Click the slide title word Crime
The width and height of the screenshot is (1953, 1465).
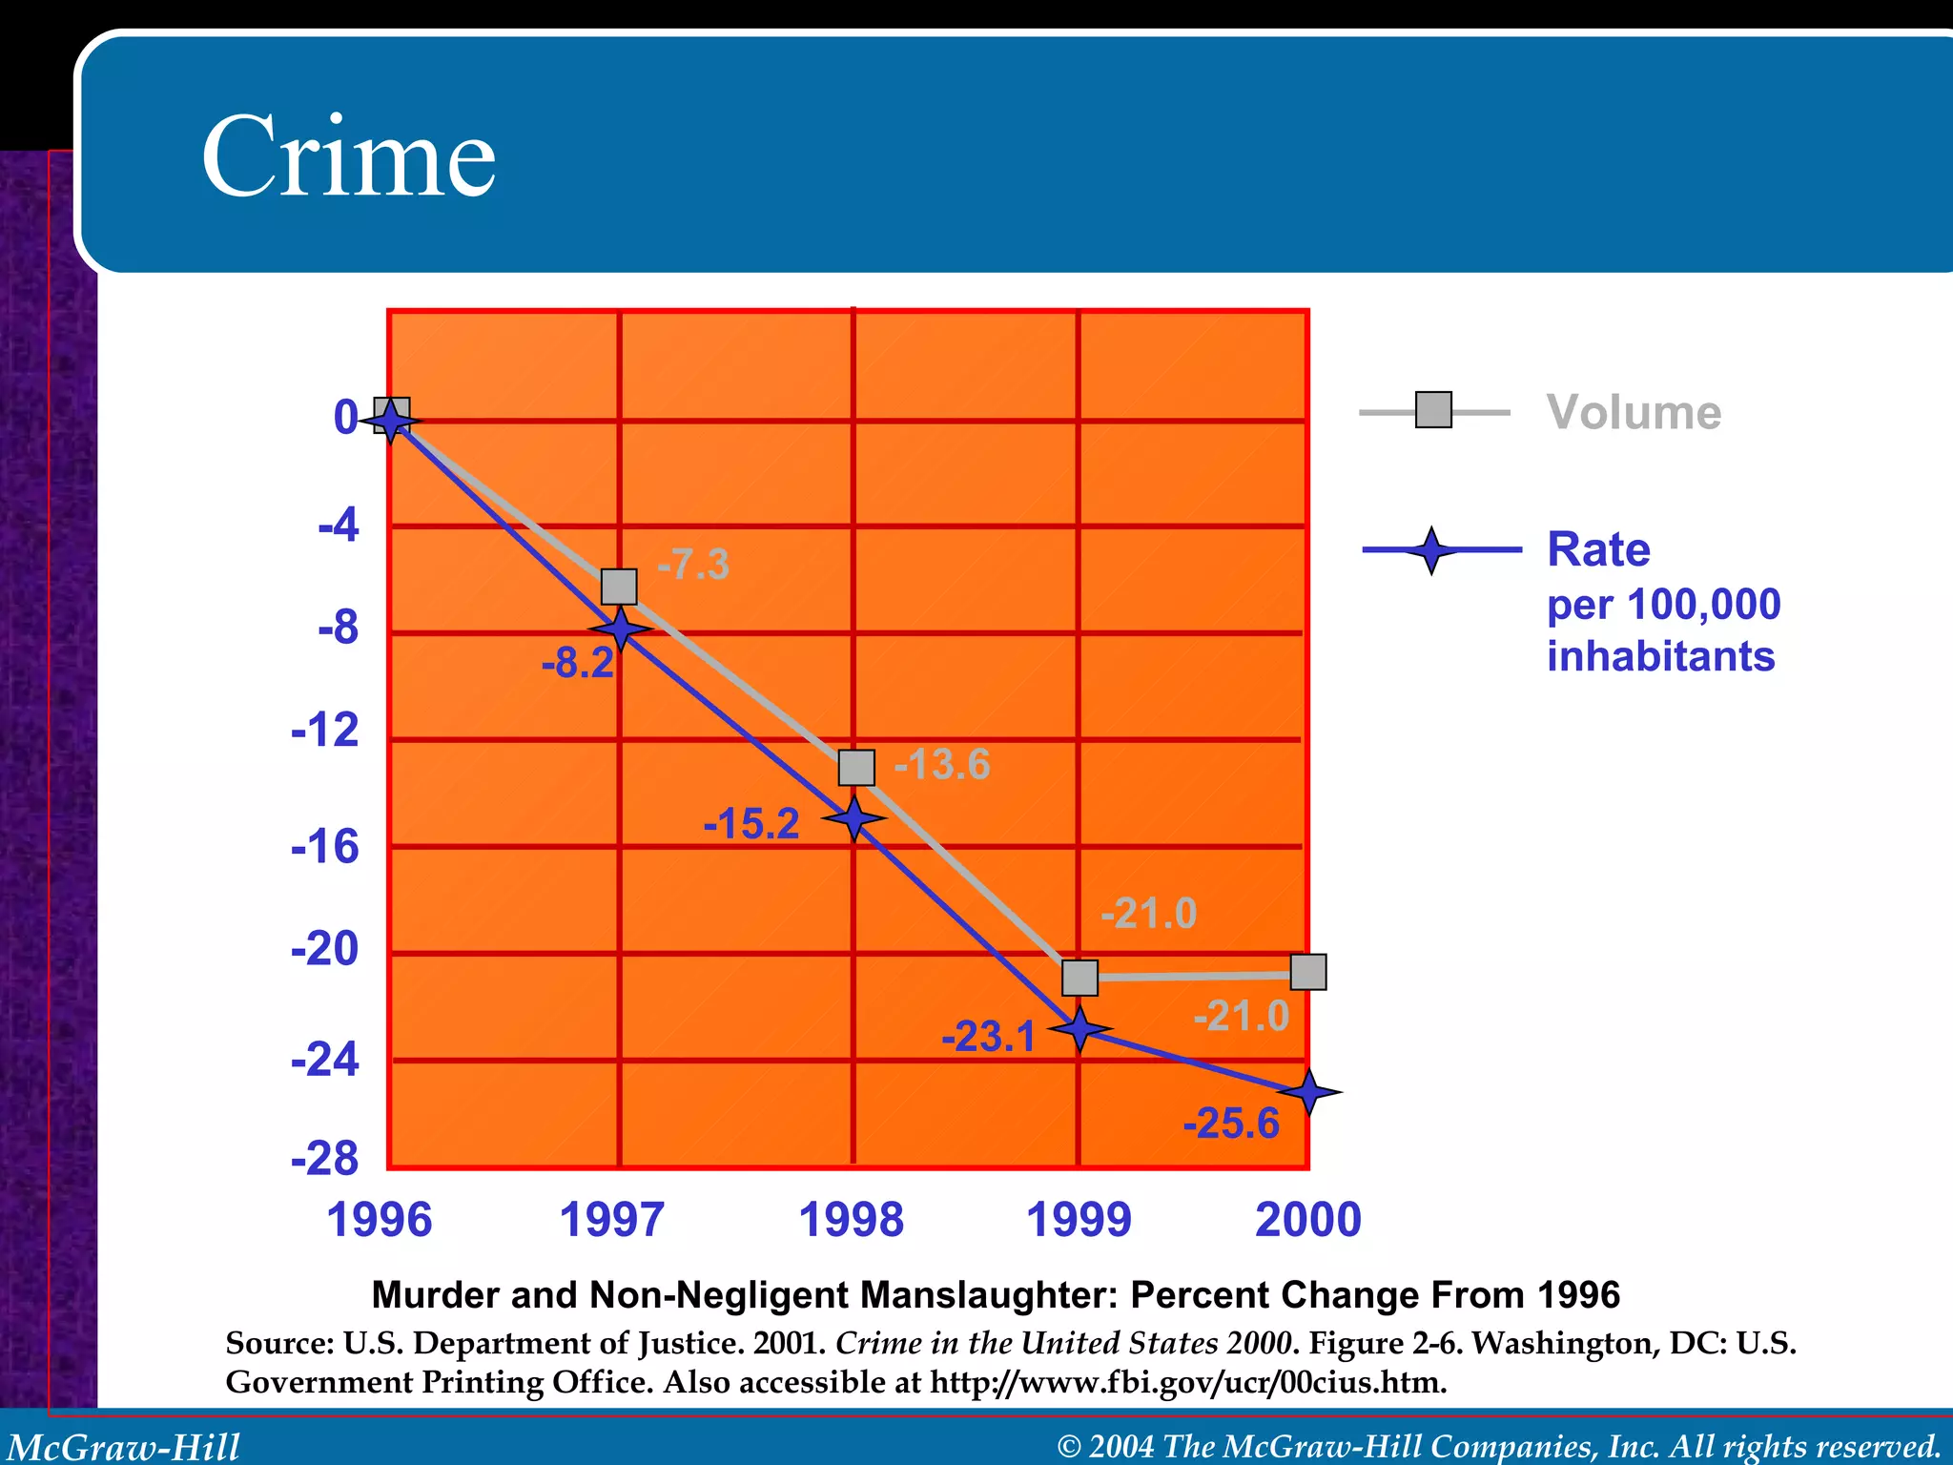pos(348,157)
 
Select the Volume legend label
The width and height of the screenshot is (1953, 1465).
pos(1634,413)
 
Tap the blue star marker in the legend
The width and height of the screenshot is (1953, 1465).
pos(1430,550)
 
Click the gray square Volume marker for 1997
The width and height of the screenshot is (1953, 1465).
pos(619,587)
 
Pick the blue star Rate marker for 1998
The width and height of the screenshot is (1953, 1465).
pos(854,817)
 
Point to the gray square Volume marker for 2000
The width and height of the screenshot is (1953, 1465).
pos(1307,972)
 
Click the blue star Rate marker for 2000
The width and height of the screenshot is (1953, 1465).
pos(1309,1092)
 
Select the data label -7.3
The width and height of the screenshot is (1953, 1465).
pos(693,565)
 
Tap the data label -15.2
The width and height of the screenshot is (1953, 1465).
pos(750,824)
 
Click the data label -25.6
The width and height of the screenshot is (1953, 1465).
pos(1230,1124)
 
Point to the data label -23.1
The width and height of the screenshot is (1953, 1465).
pos(988,1037)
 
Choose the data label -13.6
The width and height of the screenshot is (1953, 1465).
pos(942,764)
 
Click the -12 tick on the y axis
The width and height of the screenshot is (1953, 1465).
pos(325,731)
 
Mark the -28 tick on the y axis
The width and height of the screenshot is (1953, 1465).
pos(325,1159)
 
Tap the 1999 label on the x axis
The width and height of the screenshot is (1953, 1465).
pos(1079,1220)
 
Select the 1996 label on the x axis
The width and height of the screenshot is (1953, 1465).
pos(380,1220)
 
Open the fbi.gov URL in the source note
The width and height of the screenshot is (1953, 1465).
pos(1188,1382)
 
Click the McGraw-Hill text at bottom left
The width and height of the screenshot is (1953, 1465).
pos(124,1447)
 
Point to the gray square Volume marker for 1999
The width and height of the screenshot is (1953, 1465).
pos(1079,978)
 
